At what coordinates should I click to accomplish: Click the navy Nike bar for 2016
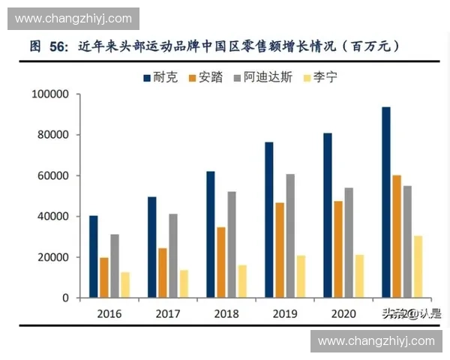(94, 256)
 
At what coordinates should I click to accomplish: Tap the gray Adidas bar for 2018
(232, 244)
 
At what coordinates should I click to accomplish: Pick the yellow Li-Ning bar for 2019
(301, 276)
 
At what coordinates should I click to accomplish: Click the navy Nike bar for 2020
(328, 215)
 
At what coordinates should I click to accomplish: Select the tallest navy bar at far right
(385, 202)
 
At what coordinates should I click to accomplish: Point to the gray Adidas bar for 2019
(290, 235)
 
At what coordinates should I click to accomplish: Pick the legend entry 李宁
(319, 77)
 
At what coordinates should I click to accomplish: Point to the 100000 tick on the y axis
(50, 94)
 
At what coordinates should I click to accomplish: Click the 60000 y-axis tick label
(53, 175)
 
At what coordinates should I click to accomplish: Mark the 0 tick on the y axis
(65, 298)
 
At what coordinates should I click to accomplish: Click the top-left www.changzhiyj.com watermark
(73, 19)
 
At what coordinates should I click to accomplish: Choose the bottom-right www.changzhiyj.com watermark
(376, 341)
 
